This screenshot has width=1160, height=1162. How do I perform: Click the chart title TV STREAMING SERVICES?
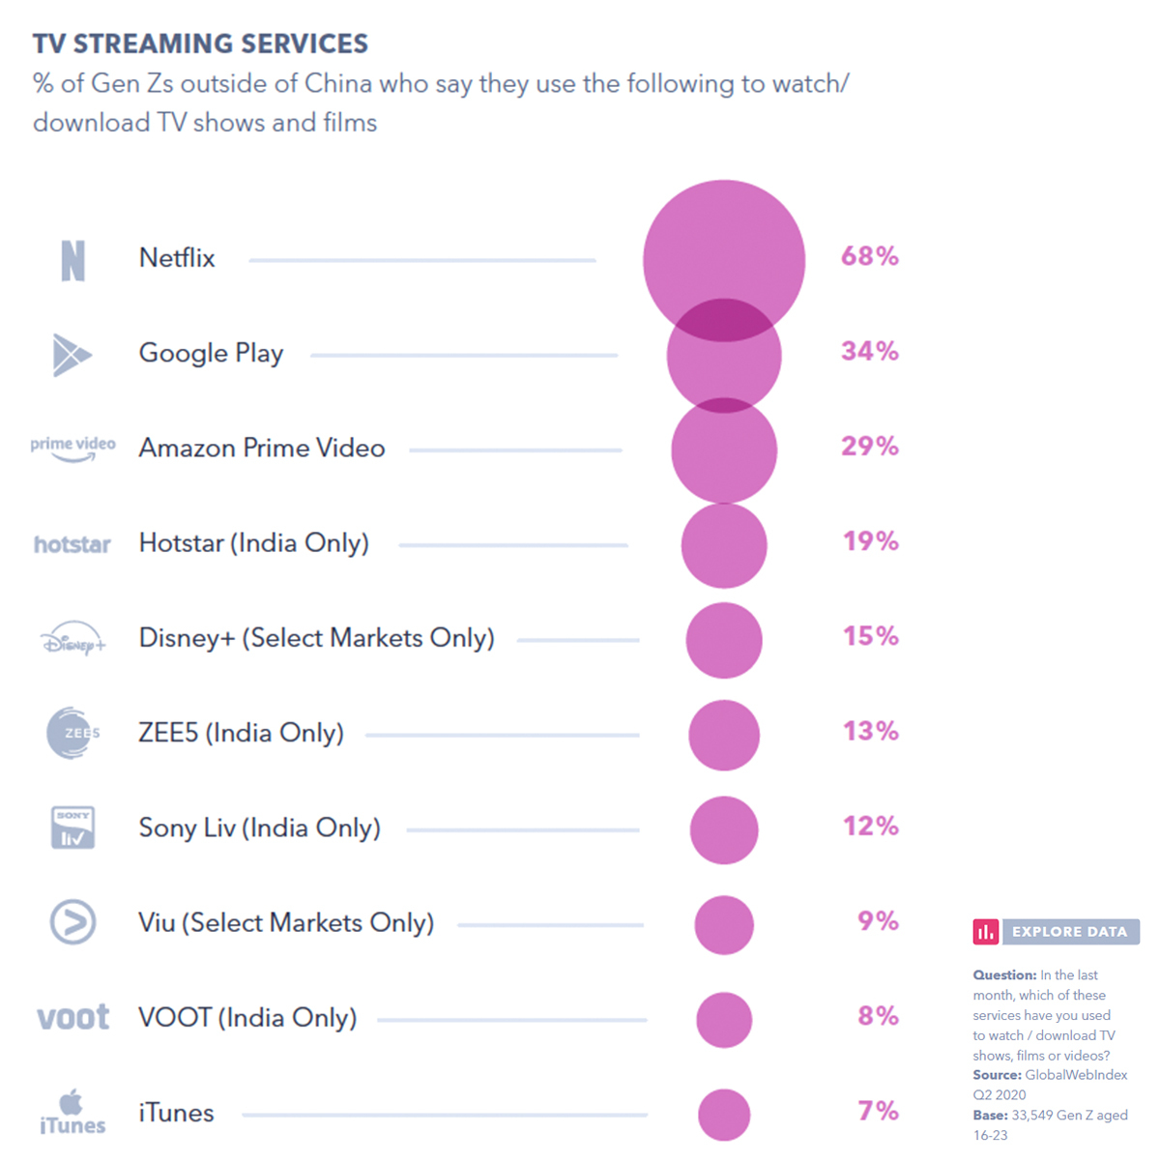pyautogui.click(x=200, y=44)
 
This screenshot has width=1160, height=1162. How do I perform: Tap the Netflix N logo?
pyautogui.click(x=72, y=260)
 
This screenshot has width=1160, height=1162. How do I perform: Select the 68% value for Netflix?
pyautogui.click(x=869, y=256)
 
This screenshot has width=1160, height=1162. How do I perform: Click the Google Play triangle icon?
pyautogui.click(x=71, y=355)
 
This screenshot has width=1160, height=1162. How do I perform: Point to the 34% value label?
pyautogui.click(x=869, y=351)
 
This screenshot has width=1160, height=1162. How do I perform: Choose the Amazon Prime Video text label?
pyautogui.click(x=262, y=448)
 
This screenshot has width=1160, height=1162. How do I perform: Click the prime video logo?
pyautogui.click(x=72, y=448)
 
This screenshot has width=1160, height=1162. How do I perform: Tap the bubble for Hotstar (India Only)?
pyautogui.click(x=724, y=545)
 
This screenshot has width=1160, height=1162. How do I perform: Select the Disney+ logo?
pyautogui.click(x=72, y=640)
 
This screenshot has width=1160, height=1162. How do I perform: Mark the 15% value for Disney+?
pyautogui.click(x=870, y=636)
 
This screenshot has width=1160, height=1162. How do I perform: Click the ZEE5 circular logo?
pyautogui.click(x=72, y=733)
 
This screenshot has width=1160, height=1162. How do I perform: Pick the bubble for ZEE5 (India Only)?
pyautogui.click(x=724, y=736)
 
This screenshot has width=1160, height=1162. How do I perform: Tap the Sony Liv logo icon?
pyautogui.click(x=72, y=828)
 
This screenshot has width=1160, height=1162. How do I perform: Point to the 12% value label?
pyautogui.click(x=870, y=827)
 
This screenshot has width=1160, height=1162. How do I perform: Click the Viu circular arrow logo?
pyautogui.click(x=72, y=921)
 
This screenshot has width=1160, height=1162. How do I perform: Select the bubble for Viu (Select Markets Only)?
pyautogui.click(x=724, y=925)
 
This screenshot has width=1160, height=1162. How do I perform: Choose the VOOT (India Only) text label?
pyautogui.click(x=247, y=1017)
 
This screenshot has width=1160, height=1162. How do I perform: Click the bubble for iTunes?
pyautogui.click(x=724, y=1115)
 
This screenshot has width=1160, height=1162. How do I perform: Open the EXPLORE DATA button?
pyautogui.click(x=1070, y=932)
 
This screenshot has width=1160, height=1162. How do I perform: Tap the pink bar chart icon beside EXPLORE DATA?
pyautogui.click(x=986, y=932)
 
